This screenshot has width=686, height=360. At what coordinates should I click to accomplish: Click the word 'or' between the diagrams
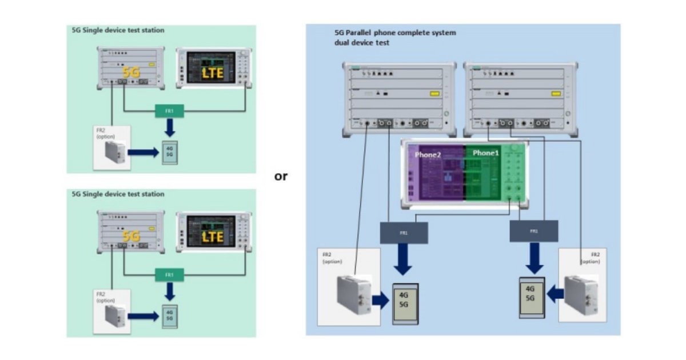point(281,177)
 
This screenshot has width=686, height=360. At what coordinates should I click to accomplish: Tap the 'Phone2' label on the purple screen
point(428,154)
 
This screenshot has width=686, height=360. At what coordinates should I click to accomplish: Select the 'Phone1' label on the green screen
point(485,153)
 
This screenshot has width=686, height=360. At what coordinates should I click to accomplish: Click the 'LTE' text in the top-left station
point(212,73)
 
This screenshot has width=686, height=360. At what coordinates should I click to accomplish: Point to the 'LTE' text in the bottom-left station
point(212,235)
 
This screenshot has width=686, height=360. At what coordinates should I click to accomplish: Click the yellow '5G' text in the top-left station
point(131,73)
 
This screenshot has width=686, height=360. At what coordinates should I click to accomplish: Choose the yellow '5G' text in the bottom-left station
point(131,236)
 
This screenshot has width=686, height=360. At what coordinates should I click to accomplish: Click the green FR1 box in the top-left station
point(169,111)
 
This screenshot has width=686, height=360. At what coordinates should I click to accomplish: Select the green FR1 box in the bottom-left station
point(169,275)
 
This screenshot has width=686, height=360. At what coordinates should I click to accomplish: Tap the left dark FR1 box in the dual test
point(404,232)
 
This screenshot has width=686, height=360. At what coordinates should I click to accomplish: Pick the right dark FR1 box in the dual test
point(534,231)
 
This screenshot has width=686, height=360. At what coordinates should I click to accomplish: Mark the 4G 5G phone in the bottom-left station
point(169,316)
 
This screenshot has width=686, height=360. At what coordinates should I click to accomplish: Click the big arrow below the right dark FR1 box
point(535,259)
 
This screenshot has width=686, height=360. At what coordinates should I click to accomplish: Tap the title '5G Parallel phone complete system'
point(395,33)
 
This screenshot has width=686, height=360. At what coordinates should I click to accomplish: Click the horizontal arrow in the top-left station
point(142,153)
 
